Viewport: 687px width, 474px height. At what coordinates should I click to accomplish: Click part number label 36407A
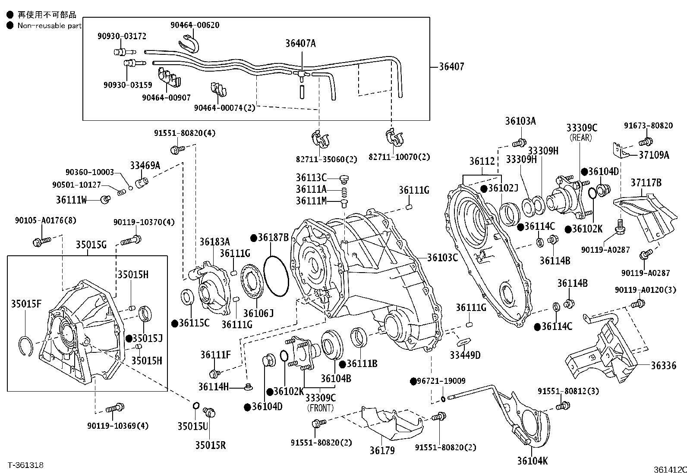300,43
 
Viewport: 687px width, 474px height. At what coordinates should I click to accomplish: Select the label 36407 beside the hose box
451,66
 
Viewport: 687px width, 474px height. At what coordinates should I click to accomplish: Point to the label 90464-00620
195,25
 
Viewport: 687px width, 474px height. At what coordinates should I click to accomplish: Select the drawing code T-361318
25,465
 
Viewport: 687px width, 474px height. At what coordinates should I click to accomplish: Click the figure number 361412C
669,469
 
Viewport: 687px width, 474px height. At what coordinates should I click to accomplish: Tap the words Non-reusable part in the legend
49,25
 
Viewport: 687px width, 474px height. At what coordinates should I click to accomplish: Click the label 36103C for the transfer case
442,257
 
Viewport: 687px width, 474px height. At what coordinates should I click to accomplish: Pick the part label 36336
664,365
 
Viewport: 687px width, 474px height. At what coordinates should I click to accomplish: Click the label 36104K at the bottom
532,461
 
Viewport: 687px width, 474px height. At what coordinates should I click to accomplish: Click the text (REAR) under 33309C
580,138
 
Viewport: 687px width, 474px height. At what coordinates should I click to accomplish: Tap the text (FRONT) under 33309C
321,408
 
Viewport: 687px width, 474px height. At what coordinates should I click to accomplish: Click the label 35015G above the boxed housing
91,245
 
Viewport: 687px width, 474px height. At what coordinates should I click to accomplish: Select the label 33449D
465,355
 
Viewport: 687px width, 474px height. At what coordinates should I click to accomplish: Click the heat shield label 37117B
646,183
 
